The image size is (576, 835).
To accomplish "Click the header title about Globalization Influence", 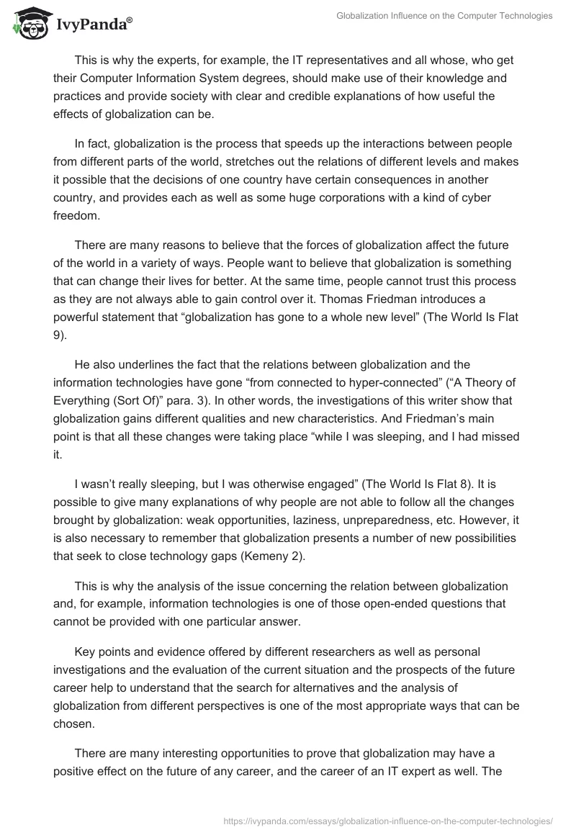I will click(x=444, y=15).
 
